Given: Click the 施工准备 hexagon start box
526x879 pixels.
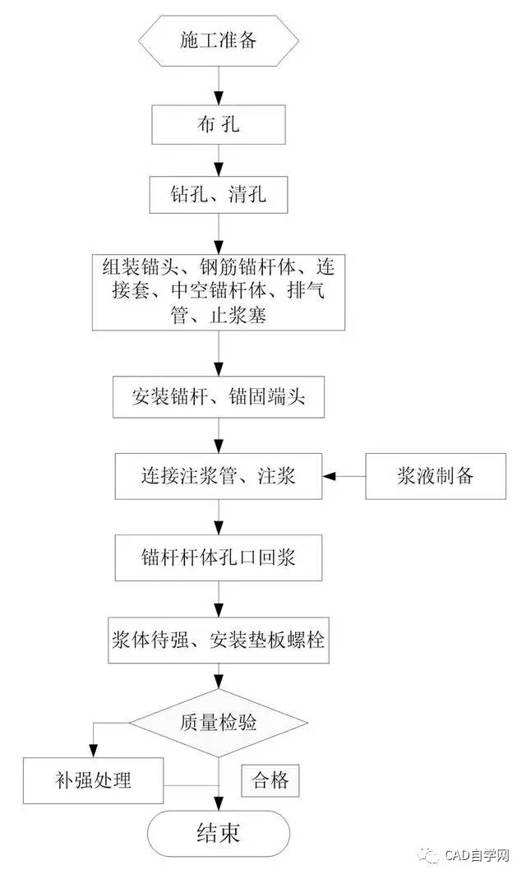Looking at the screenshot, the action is (218, 40).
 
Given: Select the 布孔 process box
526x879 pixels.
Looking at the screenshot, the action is (219, 124).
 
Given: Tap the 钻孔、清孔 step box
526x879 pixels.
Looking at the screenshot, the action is (219, 195).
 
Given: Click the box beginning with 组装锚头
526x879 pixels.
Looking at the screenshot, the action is (219, 292).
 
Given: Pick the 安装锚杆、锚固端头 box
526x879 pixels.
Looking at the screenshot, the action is (219, 397).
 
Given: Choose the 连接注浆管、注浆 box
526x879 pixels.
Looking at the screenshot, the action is (219, 476).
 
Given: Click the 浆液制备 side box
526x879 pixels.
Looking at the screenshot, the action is (436, 476).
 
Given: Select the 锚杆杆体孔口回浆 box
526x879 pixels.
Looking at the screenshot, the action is (219, 557).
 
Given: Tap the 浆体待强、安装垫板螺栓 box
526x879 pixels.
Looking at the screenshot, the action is (219, 641).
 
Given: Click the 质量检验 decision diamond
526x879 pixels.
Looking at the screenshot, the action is (219, 723).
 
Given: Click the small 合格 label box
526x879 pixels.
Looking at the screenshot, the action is (270, 780).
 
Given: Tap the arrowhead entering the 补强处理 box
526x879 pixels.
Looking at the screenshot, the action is (94, 752).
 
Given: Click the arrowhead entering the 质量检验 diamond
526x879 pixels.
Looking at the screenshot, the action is (219, 682).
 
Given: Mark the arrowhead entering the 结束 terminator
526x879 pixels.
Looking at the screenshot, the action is (219, 804).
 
